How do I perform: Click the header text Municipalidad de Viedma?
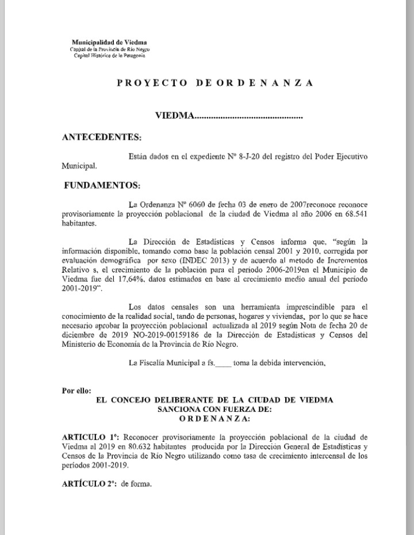click(x=109, y=43)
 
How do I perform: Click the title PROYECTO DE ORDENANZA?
click(x=216, y=82)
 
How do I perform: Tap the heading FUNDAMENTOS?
click(x=102, y=186)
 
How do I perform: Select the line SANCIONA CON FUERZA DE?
click(x=214, y=408)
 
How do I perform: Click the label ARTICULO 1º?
click(x=86, y=437)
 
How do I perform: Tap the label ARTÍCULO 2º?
click(x=87, y=484)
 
